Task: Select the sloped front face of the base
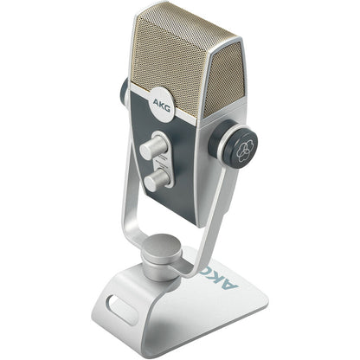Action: [x=156, y=320]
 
